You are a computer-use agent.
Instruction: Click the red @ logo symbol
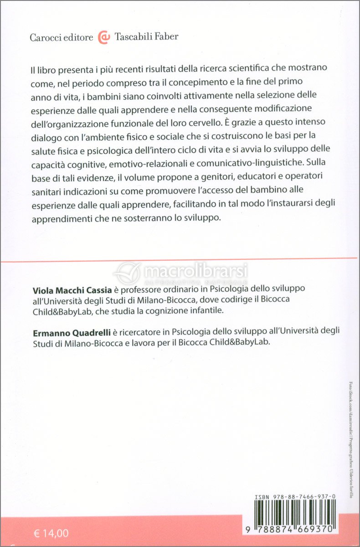[x=104, y=37]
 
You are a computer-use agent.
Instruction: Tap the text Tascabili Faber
[x=146, y=37]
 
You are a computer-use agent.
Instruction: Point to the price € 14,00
[x=51, y=532]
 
